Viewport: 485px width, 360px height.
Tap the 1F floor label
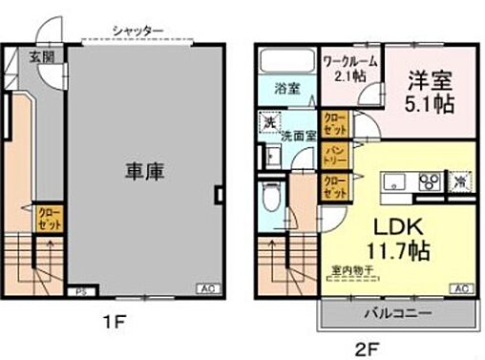(x=116, y=323)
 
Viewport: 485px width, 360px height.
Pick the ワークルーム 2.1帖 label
(x=348, y=71)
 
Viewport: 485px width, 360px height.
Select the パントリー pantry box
(x=334, y=155)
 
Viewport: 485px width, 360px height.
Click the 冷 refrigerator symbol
(x=461, y=181)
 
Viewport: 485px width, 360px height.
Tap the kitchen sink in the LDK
(x=392, y=182)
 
